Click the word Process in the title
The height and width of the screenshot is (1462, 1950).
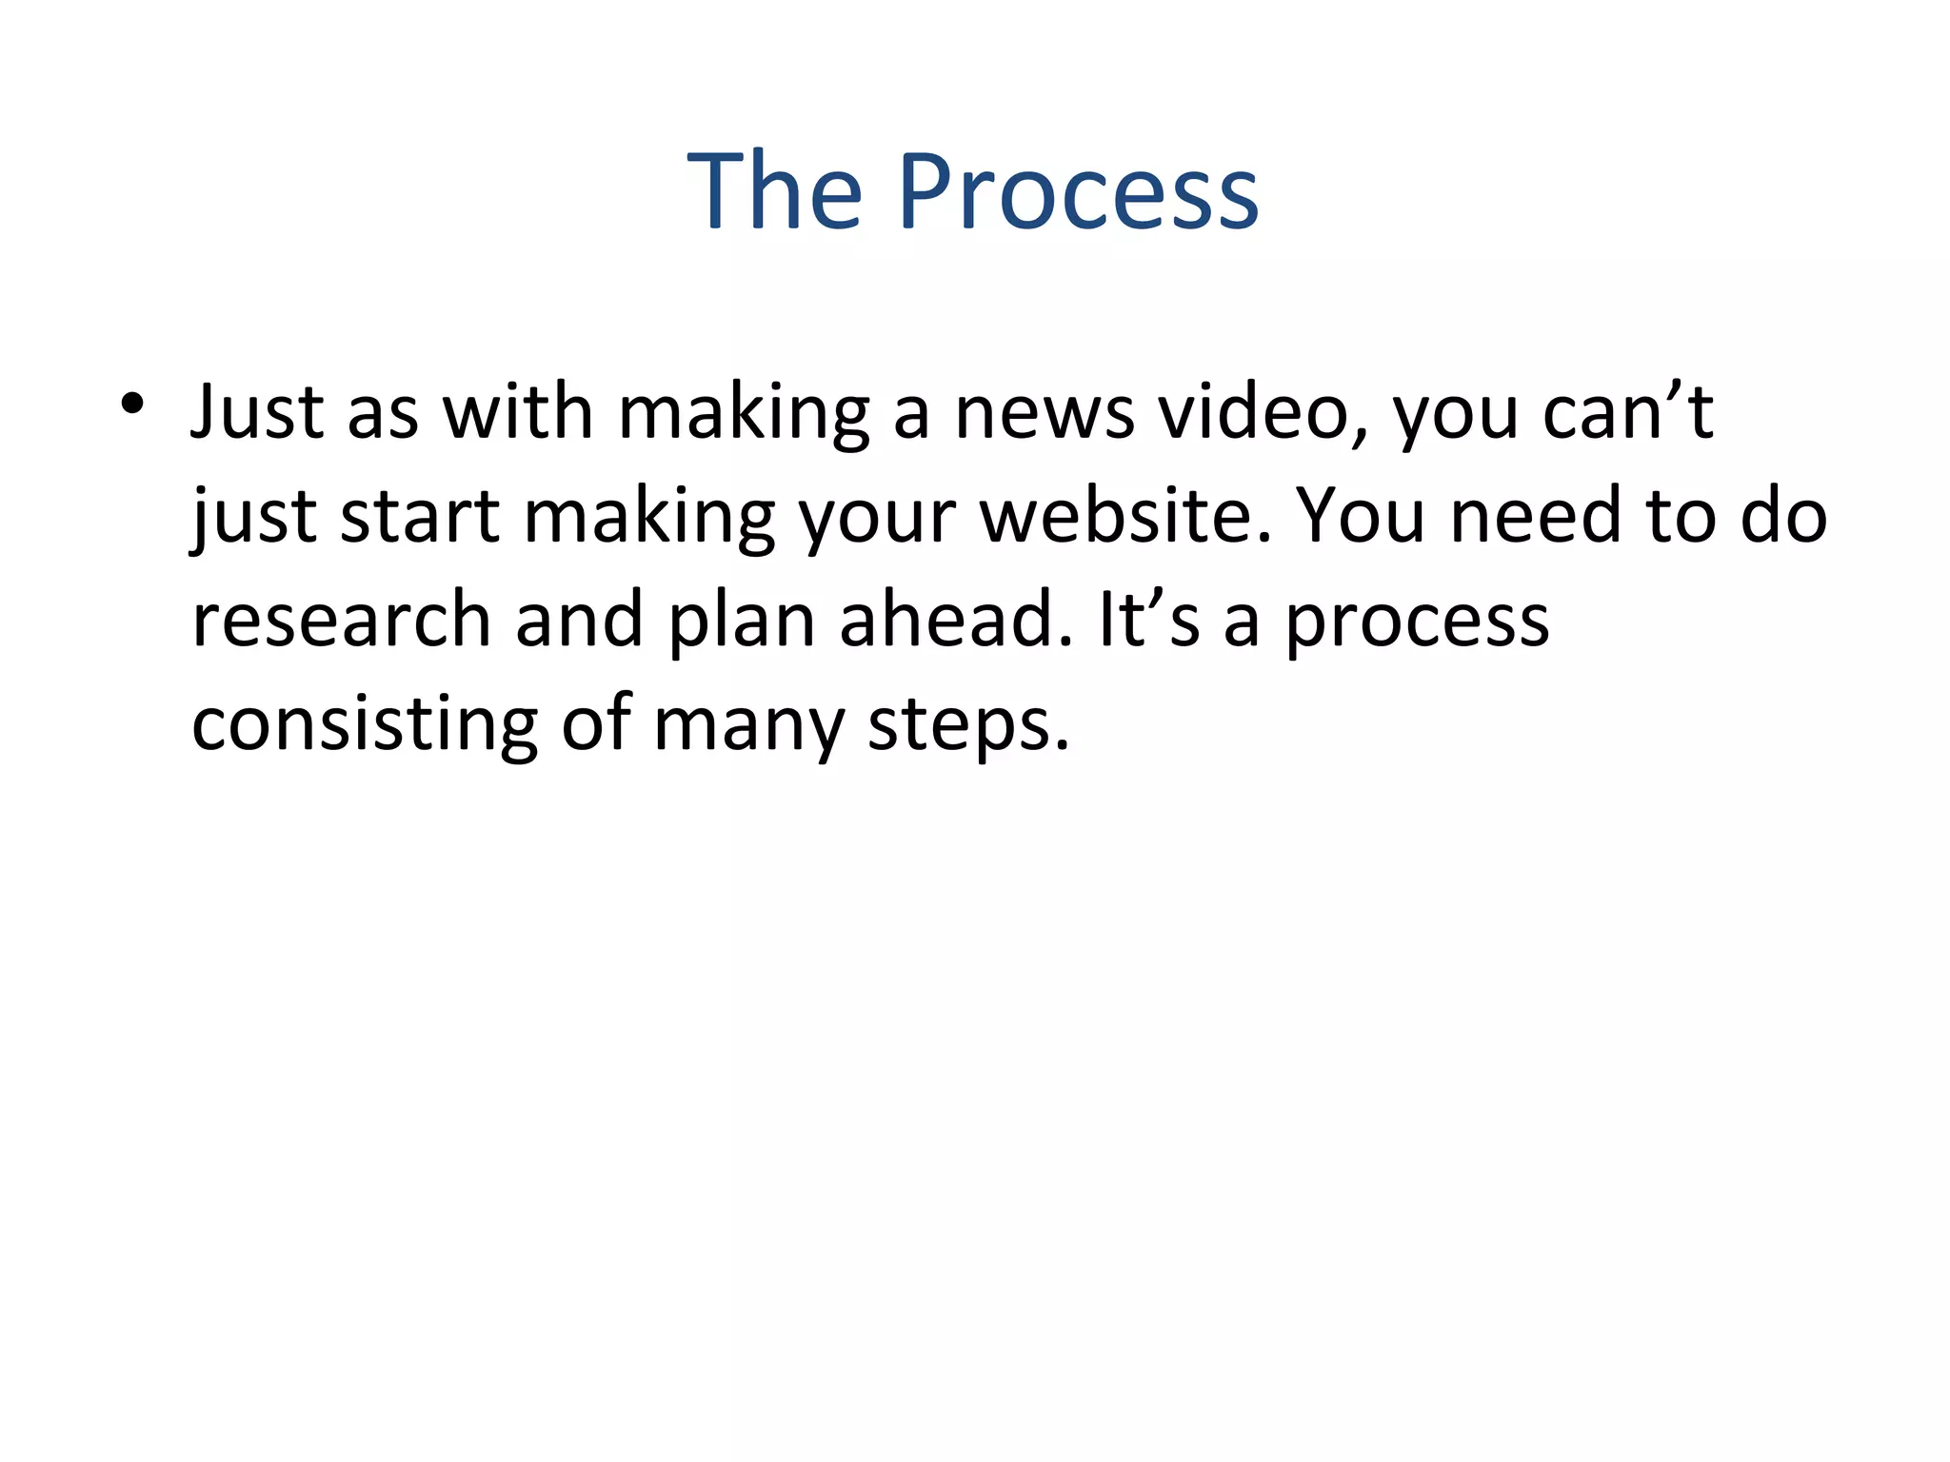point(1078,192)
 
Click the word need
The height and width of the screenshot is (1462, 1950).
point(1535,518)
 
